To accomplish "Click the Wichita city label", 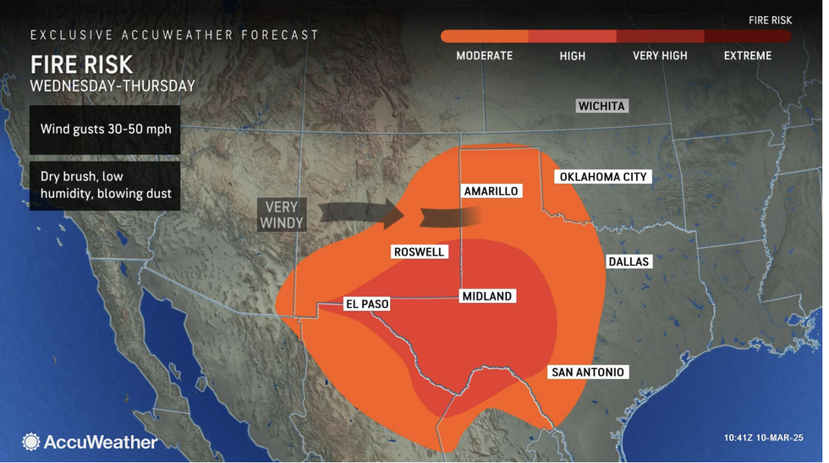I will (601, 106).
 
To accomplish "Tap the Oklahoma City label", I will (602, 177).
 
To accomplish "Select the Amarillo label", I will (491, 191).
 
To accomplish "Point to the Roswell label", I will (419, 251).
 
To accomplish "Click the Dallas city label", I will (629, 262).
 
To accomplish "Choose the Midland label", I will (486, 296).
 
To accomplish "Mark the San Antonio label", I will (587, 372).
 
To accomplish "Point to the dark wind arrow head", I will (391, 214).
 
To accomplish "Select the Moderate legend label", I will (484, 56).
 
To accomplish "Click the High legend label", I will (572, 56).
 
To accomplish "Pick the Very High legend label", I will (659, 56).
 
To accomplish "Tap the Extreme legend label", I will (747, 56).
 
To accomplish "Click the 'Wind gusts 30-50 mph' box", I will (104, 130).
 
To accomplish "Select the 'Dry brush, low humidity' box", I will (104, 185).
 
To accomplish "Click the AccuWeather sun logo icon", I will (31, 442).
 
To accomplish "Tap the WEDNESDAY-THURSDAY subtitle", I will (113, 85).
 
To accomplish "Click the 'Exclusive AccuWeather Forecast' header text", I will (174, 35).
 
